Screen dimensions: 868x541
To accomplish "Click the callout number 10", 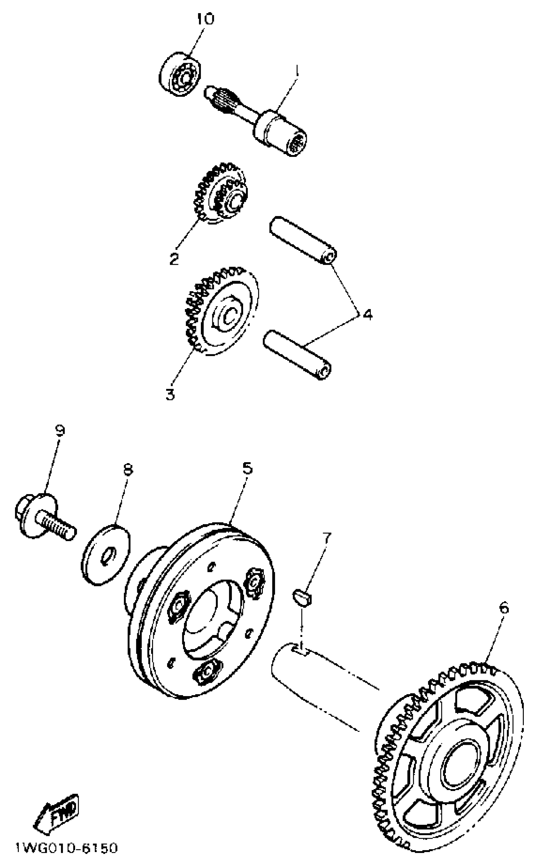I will (205, 18).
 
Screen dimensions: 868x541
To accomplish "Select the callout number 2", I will (174, 259).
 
